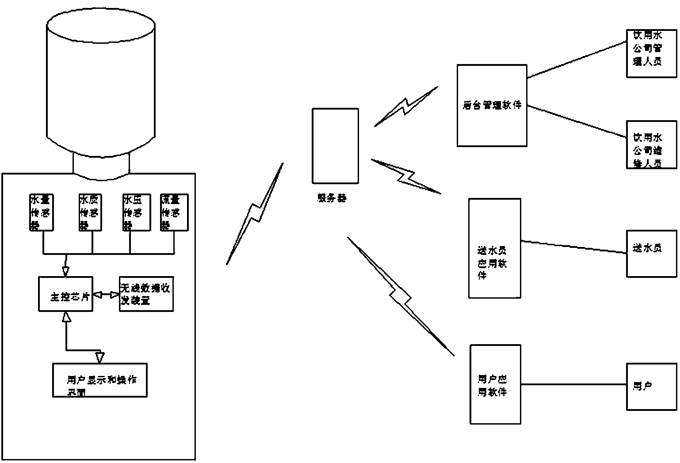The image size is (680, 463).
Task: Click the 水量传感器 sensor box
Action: (41, 213)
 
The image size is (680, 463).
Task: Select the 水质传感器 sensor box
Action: (90, 213)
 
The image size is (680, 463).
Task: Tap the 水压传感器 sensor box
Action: (136, 213)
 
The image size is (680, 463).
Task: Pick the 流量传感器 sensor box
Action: (174, 213)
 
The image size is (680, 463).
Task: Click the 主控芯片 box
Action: (65, 294)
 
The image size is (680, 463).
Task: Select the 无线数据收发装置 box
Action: (146, 294)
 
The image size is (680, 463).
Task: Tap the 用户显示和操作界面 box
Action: (100, 380)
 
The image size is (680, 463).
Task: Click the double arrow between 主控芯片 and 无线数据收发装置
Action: (106, 294)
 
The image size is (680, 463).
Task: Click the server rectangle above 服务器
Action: (335, 146)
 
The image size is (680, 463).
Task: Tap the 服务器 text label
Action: (332, 198)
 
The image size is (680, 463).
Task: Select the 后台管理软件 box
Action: (492, 106)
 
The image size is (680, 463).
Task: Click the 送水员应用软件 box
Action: (494, 248)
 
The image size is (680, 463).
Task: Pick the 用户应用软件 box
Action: (495, 385)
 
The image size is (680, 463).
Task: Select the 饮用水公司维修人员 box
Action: (651, 144)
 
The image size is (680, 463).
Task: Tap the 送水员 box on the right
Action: (651, 254)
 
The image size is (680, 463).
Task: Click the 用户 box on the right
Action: (651, 387)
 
